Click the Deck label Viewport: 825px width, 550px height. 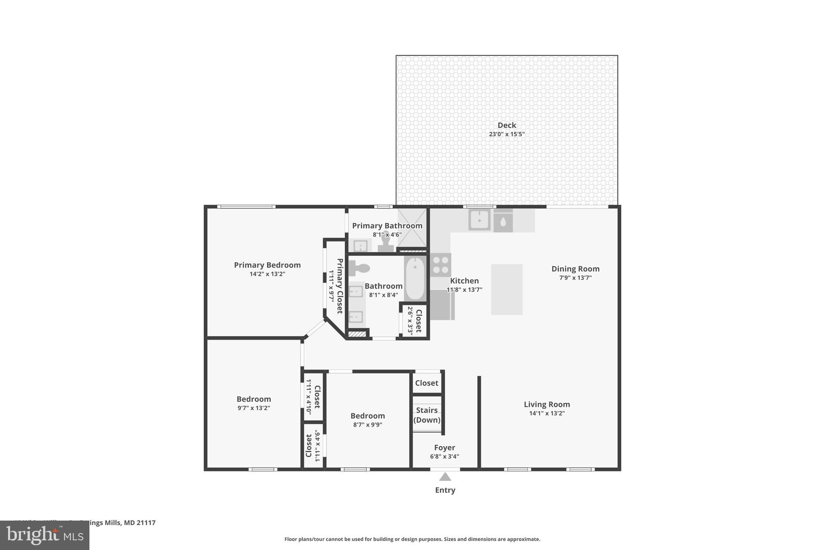(x=506, y=125)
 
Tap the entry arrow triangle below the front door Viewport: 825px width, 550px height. (x=445, y=477)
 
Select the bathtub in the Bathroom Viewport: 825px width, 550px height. (x=415, y=278)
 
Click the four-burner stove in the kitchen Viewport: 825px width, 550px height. (x=440, y=265)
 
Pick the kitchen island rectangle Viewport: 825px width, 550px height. (x=506, y=289)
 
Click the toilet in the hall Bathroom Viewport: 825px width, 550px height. (x=359, y=268)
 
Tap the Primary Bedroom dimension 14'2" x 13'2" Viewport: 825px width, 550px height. (x=267, y=274)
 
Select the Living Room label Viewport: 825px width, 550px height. (x=547, y=404)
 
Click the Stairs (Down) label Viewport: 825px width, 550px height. (x=427, y=415)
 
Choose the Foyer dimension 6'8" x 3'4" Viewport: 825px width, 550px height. (x=444, y=457)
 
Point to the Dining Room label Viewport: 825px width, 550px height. (x=575, y=269)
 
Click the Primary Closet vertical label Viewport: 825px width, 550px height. (x=340, y=286)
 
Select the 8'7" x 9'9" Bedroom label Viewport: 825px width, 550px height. (x=367, y=416)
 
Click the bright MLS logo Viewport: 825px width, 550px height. (x=44, y=535)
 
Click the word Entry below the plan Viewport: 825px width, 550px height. (x=445, y=490)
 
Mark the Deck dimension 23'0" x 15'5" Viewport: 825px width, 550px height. (x=506, y=134)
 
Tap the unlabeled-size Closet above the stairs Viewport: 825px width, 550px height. (x=427, y=383)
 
